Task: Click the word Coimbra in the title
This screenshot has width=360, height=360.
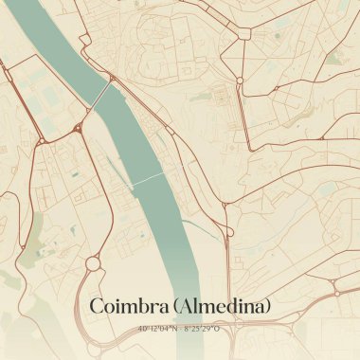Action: coord(126,306)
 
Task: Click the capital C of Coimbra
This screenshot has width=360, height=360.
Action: coord(96,306)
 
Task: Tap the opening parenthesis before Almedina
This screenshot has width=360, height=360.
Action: coord(172,306)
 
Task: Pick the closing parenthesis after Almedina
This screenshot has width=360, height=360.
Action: coord(268,306)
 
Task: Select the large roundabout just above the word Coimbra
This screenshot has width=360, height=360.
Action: coord(93,263)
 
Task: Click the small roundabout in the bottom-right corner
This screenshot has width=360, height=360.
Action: coord(336,294)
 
